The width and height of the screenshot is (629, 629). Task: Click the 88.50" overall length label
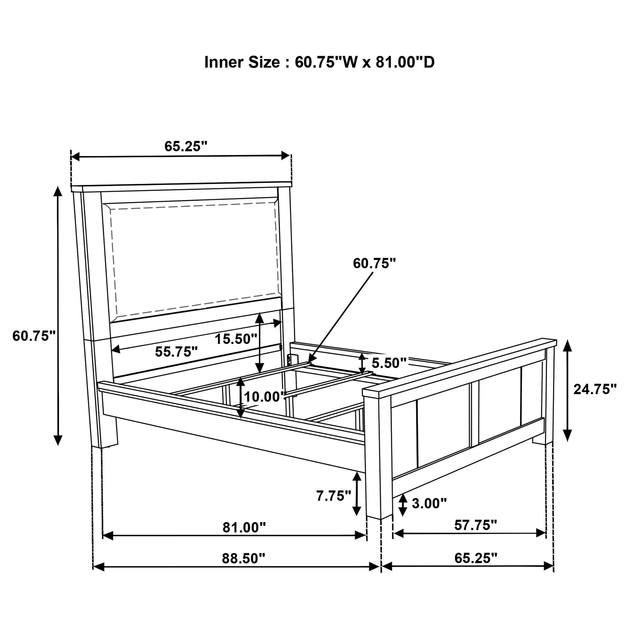(244, 558)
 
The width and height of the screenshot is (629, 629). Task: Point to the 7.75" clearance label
(334, 496)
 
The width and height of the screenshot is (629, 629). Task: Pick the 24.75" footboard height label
(595, 389)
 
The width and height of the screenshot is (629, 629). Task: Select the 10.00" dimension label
(265, 397)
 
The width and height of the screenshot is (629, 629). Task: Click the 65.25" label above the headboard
(186, 146)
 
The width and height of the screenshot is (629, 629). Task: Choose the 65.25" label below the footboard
(476, 558)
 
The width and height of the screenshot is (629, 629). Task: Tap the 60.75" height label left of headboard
(34, 336)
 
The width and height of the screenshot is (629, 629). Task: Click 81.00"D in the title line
(405, 62)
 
